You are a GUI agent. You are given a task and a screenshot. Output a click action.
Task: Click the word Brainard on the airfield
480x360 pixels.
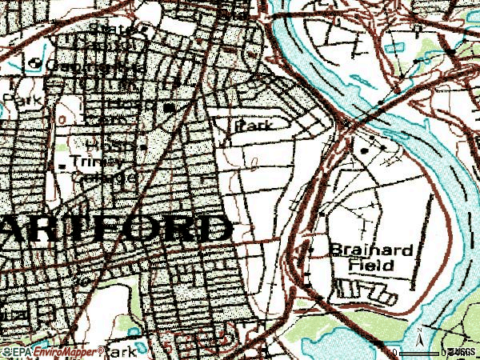[371, 250]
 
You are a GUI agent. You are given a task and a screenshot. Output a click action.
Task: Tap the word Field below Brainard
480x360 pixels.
[371, 264]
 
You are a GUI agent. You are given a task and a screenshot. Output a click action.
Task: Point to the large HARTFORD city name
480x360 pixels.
[112, 230]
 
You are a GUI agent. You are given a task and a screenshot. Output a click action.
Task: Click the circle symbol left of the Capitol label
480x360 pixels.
[34, 63]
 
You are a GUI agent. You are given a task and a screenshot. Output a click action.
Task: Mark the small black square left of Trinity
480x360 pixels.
[63, 164]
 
